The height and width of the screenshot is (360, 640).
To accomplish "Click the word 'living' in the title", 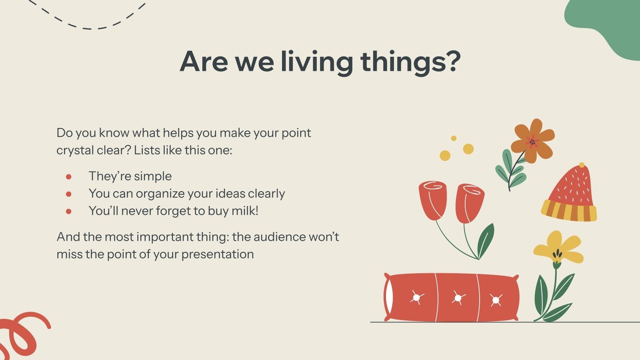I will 316,62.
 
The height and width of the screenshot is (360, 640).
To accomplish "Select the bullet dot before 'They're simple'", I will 69,176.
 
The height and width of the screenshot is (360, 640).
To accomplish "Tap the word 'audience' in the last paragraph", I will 280,237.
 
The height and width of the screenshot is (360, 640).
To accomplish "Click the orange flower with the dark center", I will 532,141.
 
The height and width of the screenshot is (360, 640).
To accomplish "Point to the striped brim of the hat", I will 568,212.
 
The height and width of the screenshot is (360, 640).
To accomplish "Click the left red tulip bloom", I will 432,200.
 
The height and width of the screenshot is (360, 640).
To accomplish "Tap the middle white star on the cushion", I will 458,298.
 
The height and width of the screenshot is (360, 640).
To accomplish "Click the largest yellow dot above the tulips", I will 468,149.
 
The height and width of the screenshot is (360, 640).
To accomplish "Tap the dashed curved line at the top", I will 88,24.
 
